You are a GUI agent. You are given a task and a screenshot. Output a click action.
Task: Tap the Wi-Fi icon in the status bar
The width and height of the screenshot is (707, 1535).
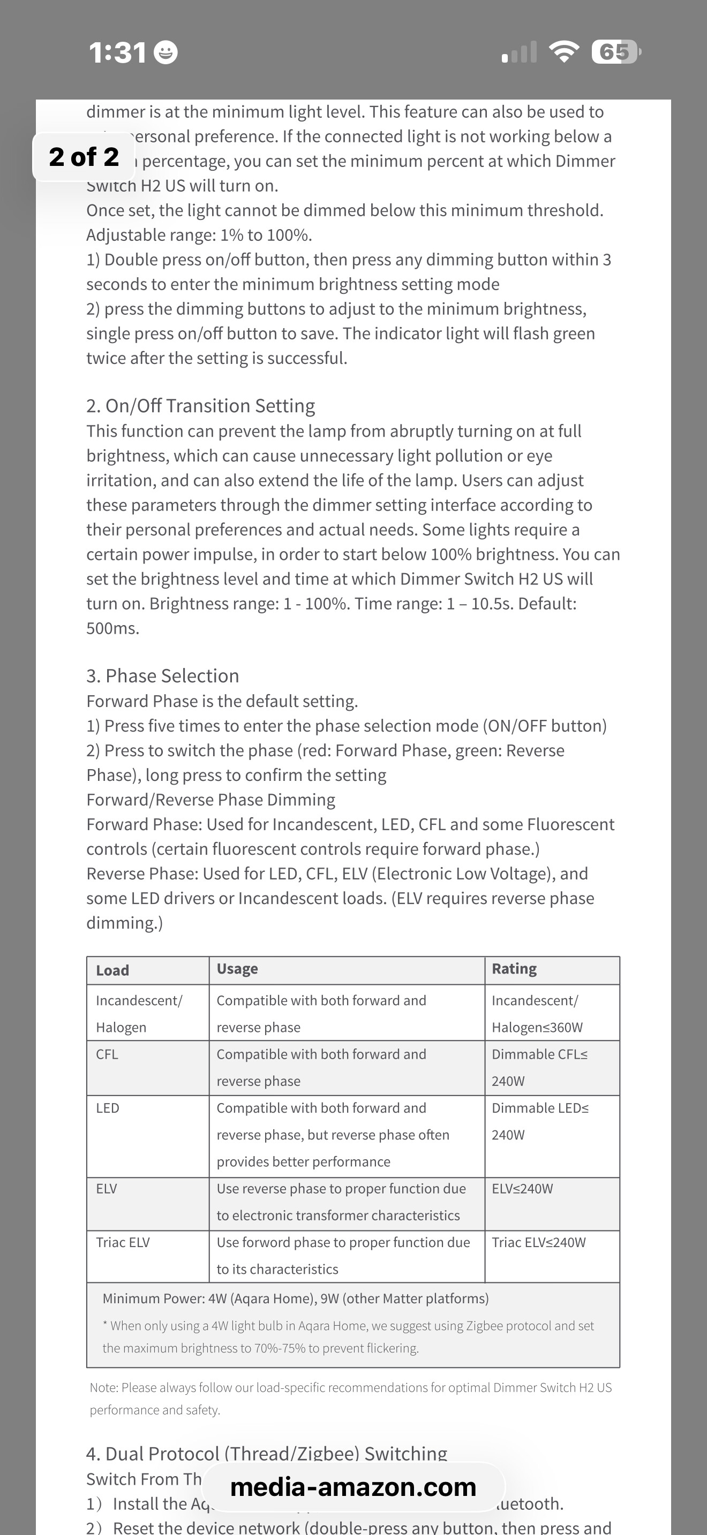tap(563, 52)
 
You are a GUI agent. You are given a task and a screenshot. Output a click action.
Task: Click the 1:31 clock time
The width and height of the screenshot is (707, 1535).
tap(117, 53)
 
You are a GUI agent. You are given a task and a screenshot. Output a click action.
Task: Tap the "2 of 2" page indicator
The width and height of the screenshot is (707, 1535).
tap(84, 157)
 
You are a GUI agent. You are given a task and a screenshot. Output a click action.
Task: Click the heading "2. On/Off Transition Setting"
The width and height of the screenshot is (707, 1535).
tap(200, 406)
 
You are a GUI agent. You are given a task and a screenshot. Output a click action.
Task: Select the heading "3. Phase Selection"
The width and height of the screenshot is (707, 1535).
tap(162, 676)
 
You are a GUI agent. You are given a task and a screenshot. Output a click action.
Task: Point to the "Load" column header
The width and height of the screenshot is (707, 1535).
tap(112, 970)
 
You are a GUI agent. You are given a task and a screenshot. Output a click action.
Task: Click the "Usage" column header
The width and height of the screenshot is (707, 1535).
tap(237, 969)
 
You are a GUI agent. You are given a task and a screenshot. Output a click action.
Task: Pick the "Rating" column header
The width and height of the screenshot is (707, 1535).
tap(514, 969)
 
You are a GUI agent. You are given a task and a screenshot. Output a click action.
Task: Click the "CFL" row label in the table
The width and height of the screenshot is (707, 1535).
tap(107, 1054)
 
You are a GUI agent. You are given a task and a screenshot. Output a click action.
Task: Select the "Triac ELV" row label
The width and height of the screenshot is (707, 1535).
tap(123, 1242)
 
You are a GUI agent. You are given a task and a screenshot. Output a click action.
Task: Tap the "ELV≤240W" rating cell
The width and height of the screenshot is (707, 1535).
tap(522, 1189)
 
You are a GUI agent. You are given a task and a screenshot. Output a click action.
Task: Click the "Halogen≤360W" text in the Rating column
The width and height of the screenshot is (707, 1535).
tap(537, 1027)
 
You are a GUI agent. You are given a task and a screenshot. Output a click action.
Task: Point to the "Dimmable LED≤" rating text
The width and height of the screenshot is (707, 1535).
tap(540, 1108)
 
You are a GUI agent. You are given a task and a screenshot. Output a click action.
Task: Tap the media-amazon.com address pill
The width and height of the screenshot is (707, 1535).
tap(353, 1487)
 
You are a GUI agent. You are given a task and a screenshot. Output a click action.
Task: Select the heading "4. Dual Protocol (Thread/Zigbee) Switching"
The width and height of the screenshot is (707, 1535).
tap(267, 1454)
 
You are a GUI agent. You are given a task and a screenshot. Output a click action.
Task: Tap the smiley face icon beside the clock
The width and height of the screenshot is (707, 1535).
tap(166, 53)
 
